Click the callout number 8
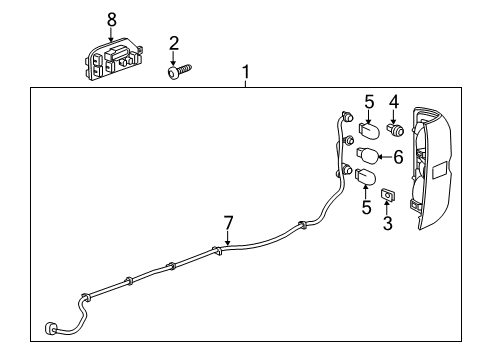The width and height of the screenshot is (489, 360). coord(111,19)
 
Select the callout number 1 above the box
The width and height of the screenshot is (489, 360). coord(244,72)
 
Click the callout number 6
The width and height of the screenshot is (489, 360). coord(397,157)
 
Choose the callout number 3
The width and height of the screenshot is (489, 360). coord(388,223)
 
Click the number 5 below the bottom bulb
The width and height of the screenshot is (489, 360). coord(366,208)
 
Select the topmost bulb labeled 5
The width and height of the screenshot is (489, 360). coord(367,130)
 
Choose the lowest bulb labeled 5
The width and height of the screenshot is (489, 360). coord(366,179)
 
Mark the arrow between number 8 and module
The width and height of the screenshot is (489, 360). coord(111,33)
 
